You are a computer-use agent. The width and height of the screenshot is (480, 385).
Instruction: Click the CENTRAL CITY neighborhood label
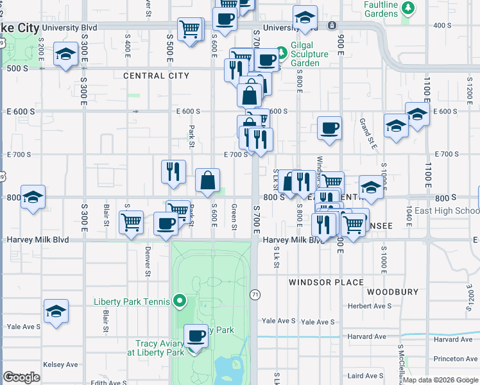156,76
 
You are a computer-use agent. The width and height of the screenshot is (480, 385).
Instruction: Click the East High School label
447,210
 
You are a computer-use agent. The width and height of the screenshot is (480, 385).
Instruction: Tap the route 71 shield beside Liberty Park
255,294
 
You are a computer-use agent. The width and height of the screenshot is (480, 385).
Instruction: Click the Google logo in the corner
21,377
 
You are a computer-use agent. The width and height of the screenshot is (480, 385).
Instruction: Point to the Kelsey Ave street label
60,364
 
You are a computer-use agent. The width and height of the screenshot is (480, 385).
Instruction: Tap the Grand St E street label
368,133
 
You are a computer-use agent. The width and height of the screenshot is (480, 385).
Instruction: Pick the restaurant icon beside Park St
173,171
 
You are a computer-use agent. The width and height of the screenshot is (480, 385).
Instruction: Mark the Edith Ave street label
107,383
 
